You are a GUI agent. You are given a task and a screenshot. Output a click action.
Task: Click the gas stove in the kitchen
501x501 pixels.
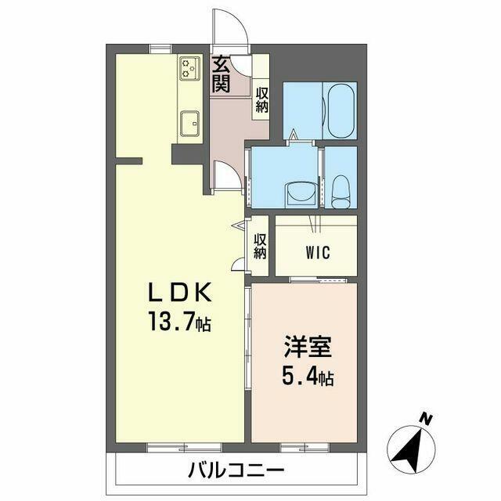click(x=190, y=68)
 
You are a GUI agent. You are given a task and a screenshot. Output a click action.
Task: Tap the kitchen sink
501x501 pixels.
click(x=189, y=124)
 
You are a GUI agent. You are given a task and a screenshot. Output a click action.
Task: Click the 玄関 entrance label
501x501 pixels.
click(x=222, y=74)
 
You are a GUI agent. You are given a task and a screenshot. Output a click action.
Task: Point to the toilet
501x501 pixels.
click(x=341, y=192)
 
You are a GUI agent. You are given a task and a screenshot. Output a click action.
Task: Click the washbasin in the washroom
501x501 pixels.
click(x=301, y=194)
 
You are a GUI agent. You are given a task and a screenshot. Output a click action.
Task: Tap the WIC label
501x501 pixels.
click(x=318, y=253)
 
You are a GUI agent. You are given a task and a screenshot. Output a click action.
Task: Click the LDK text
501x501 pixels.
click(x=180, y=292)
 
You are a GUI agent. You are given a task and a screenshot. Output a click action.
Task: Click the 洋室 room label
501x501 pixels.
click(x=308, y=346)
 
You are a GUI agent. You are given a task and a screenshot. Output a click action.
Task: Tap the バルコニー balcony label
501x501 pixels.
click(x=236, y=470)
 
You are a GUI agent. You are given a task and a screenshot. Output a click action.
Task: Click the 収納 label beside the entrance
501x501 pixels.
click(x=261, y=100)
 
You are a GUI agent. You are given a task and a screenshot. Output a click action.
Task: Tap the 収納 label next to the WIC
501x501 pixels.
click(x=261, y=247)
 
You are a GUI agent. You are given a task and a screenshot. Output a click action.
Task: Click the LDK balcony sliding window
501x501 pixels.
click(x=185, y=447)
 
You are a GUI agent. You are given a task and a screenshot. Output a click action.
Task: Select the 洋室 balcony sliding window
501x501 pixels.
click(x=305, y=447)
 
